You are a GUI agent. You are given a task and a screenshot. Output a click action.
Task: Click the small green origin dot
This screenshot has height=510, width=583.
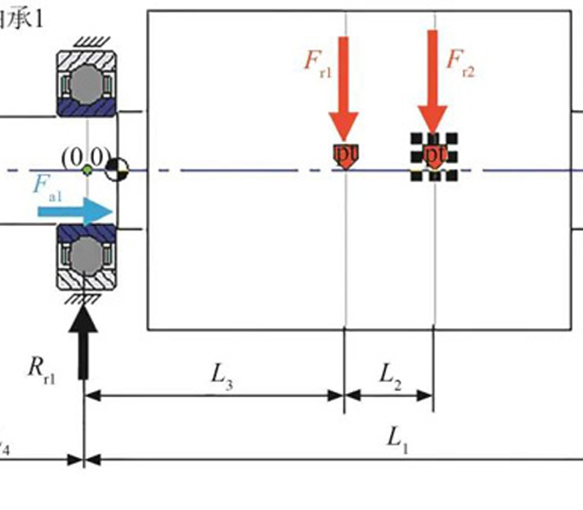87,170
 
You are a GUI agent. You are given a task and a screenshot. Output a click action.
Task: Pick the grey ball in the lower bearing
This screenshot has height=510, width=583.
87,255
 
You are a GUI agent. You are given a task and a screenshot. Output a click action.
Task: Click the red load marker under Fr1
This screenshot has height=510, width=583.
343,155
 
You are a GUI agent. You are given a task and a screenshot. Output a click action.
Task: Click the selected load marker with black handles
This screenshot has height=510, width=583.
434,155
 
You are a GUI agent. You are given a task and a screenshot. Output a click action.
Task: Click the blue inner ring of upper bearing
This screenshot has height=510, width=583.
87,109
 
